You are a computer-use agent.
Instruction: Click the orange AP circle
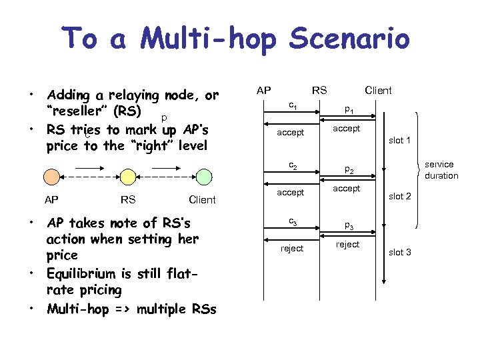[51, 177]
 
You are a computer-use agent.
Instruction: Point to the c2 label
[292, 165]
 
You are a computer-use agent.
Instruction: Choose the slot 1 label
[399, 141]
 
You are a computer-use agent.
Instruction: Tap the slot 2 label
[399, 197]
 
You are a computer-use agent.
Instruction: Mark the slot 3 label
[399, 252]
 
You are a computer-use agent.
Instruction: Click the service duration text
[441, 170]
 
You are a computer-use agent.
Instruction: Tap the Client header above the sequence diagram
[377, 90]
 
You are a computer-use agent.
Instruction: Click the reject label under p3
[347, 245]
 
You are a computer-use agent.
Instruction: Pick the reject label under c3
[291, 249]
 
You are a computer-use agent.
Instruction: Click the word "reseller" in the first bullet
[80, 111]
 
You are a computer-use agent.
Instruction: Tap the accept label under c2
[291, 193]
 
